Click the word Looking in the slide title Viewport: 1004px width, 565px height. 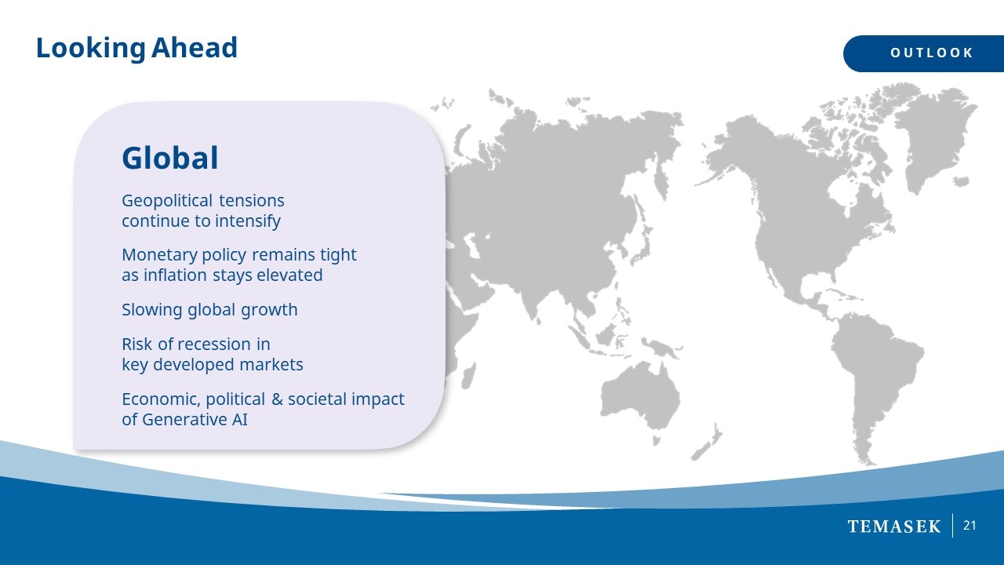90,49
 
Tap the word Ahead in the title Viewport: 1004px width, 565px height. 194,47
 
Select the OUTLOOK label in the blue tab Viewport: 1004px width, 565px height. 931,53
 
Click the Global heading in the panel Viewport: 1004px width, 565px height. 170,158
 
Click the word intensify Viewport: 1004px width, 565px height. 248,221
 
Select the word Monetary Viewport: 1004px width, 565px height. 159,256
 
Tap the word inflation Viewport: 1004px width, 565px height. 175,275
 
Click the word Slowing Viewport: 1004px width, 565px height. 152,310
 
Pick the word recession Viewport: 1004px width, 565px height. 213,344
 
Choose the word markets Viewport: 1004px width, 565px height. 271,365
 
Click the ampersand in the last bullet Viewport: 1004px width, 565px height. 277,399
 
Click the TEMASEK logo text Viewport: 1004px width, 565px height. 893,527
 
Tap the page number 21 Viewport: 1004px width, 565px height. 969,526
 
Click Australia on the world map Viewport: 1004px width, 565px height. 640,397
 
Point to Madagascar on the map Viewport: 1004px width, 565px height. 468,376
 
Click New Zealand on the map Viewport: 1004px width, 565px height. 708,442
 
